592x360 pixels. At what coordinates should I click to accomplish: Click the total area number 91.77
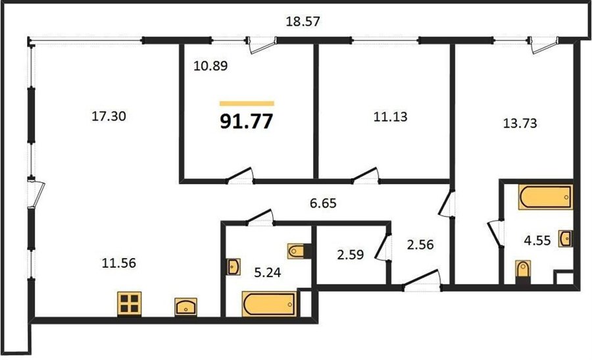coord(246,122)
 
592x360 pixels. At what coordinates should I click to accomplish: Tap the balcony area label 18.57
coord(303,22)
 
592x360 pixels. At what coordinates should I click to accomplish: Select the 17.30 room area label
coord(109,116)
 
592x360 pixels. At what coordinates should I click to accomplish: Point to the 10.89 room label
coord(210,66)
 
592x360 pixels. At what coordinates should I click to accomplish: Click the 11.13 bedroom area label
coord(390,116)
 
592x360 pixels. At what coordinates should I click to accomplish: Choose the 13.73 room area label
coord(520,123)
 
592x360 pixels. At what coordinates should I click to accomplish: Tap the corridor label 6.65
coord(323,203)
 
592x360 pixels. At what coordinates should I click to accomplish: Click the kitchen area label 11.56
coord(119,263)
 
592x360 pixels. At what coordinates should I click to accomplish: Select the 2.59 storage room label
coord(351,255)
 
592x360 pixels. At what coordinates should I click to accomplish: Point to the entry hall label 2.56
coord(420,245)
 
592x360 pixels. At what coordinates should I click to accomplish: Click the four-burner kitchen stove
coord(129,303)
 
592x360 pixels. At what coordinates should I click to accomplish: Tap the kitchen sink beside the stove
coord(185,307)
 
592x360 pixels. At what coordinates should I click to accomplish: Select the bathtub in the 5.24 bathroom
coord(269,304)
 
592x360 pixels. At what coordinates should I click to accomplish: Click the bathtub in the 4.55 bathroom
coord(545,197)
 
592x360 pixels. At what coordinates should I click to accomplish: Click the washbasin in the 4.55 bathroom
coord(566,239)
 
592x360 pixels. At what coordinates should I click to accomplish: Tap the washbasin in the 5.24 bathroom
coord(234,267)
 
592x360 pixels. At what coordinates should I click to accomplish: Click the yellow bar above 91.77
coord(247,103)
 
